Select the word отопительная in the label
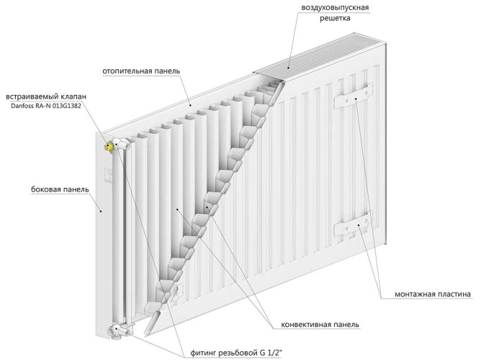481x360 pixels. point(130,71)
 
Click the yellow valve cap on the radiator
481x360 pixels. point(109,146)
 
